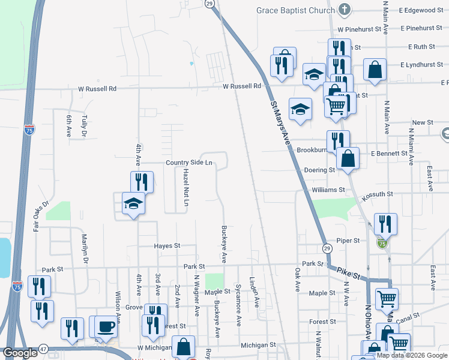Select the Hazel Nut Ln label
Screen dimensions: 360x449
coord(186,188)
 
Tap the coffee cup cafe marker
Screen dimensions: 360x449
coord(106,326)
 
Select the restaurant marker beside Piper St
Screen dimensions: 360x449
coord(385,224)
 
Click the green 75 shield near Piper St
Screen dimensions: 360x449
coord(382,243)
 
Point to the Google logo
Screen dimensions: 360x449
coord(20,353)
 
